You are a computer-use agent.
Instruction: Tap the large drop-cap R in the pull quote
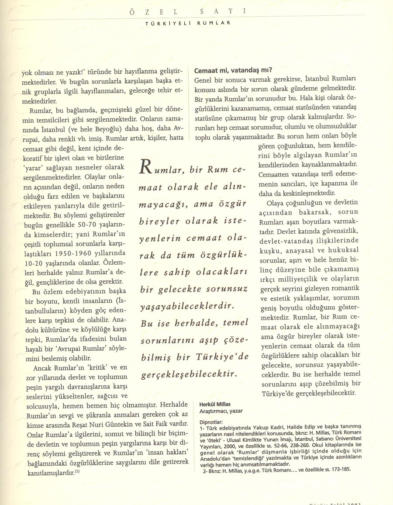click(145, 167)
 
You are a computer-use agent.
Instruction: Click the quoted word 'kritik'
click(100, 367)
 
